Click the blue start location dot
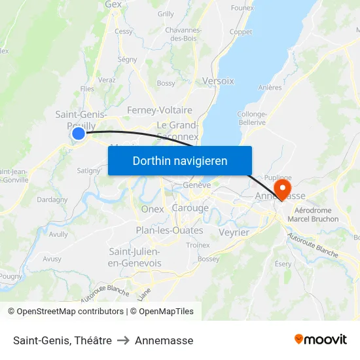click(79, 134)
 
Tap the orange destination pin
click(283, 188)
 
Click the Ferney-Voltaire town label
click(160, 110)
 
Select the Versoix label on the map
click(219, 81)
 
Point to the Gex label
click(113, 5)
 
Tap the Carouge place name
click(190, 208)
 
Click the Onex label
click(152, 209)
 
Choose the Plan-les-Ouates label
click(170, 230)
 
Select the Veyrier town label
click(234, 232)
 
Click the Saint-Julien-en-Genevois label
click(135, 257)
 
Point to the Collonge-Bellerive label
click(251, 118)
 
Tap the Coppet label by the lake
click(241, 31)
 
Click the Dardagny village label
click(52, 200)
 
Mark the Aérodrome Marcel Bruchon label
click(317, 215)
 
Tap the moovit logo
click(321, 339)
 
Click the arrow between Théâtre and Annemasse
click(123, 340)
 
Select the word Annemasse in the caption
click(164, 340)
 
